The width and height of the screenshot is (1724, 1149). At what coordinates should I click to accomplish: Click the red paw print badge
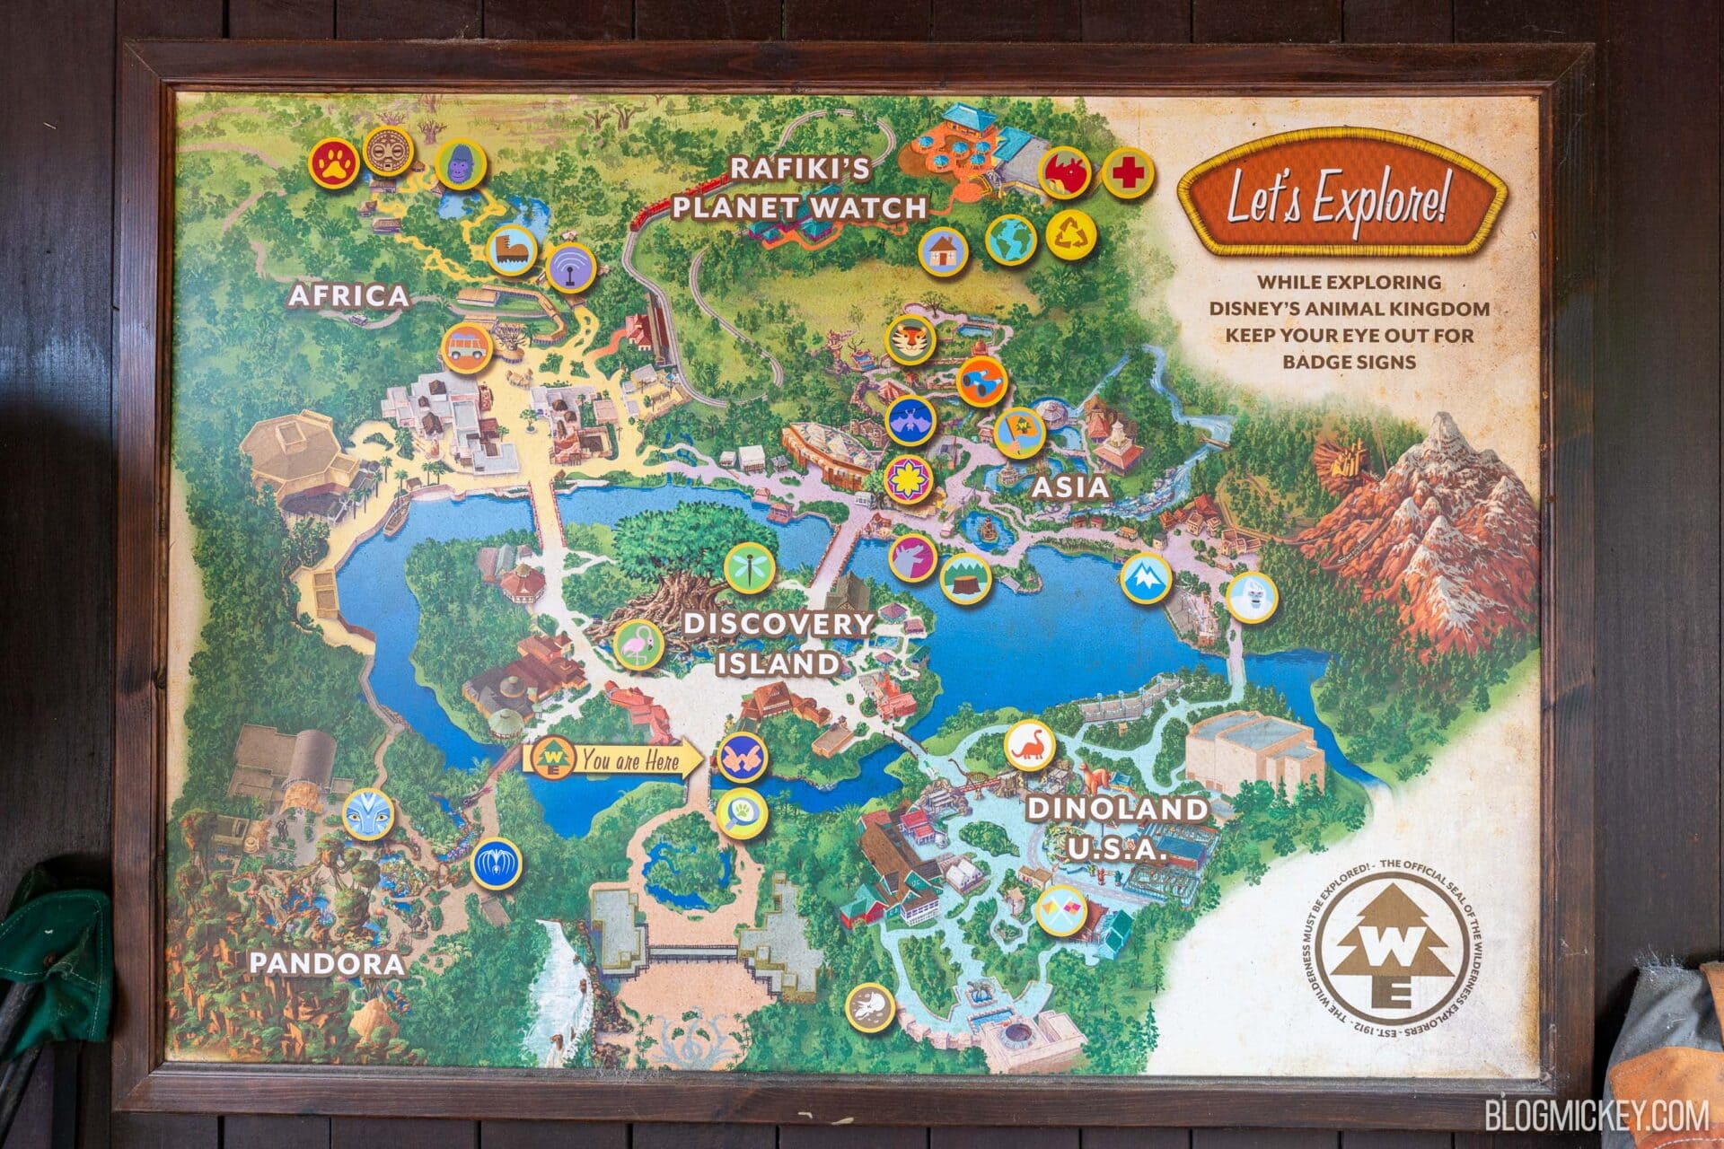335,162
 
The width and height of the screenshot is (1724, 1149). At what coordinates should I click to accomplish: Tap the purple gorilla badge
461,165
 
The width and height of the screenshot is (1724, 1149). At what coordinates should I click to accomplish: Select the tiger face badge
911,339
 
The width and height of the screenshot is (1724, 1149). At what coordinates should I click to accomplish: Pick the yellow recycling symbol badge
1072,235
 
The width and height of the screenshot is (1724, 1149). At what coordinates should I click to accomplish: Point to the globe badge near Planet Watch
1011,240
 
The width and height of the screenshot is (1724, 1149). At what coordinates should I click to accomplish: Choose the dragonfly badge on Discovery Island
749,567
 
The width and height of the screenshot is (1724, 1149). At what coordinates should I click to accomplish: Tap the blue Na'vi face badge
369,813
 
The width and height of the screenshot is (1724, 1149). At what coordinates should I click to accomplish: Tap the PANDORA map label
327,963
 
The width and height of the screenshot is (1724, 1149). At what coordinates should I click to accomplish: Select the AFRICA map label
349,296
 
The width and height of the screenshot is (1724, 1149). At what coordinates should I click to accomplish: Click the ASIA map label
1069,487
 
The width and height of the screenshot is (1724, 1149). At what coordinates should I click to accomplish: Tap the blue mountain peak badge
1147,579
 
